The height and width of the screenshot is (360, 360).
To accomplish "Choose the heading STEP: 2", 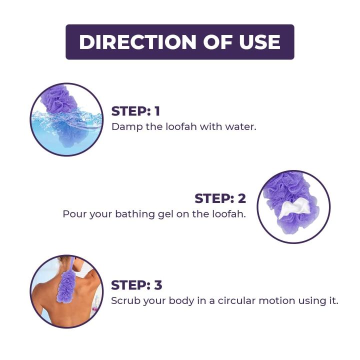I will pyautogui.click(x=220, y=198).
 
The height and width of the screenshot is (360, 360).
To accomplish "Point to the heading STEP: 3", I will pyautogui.click(x=136, y=285).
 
